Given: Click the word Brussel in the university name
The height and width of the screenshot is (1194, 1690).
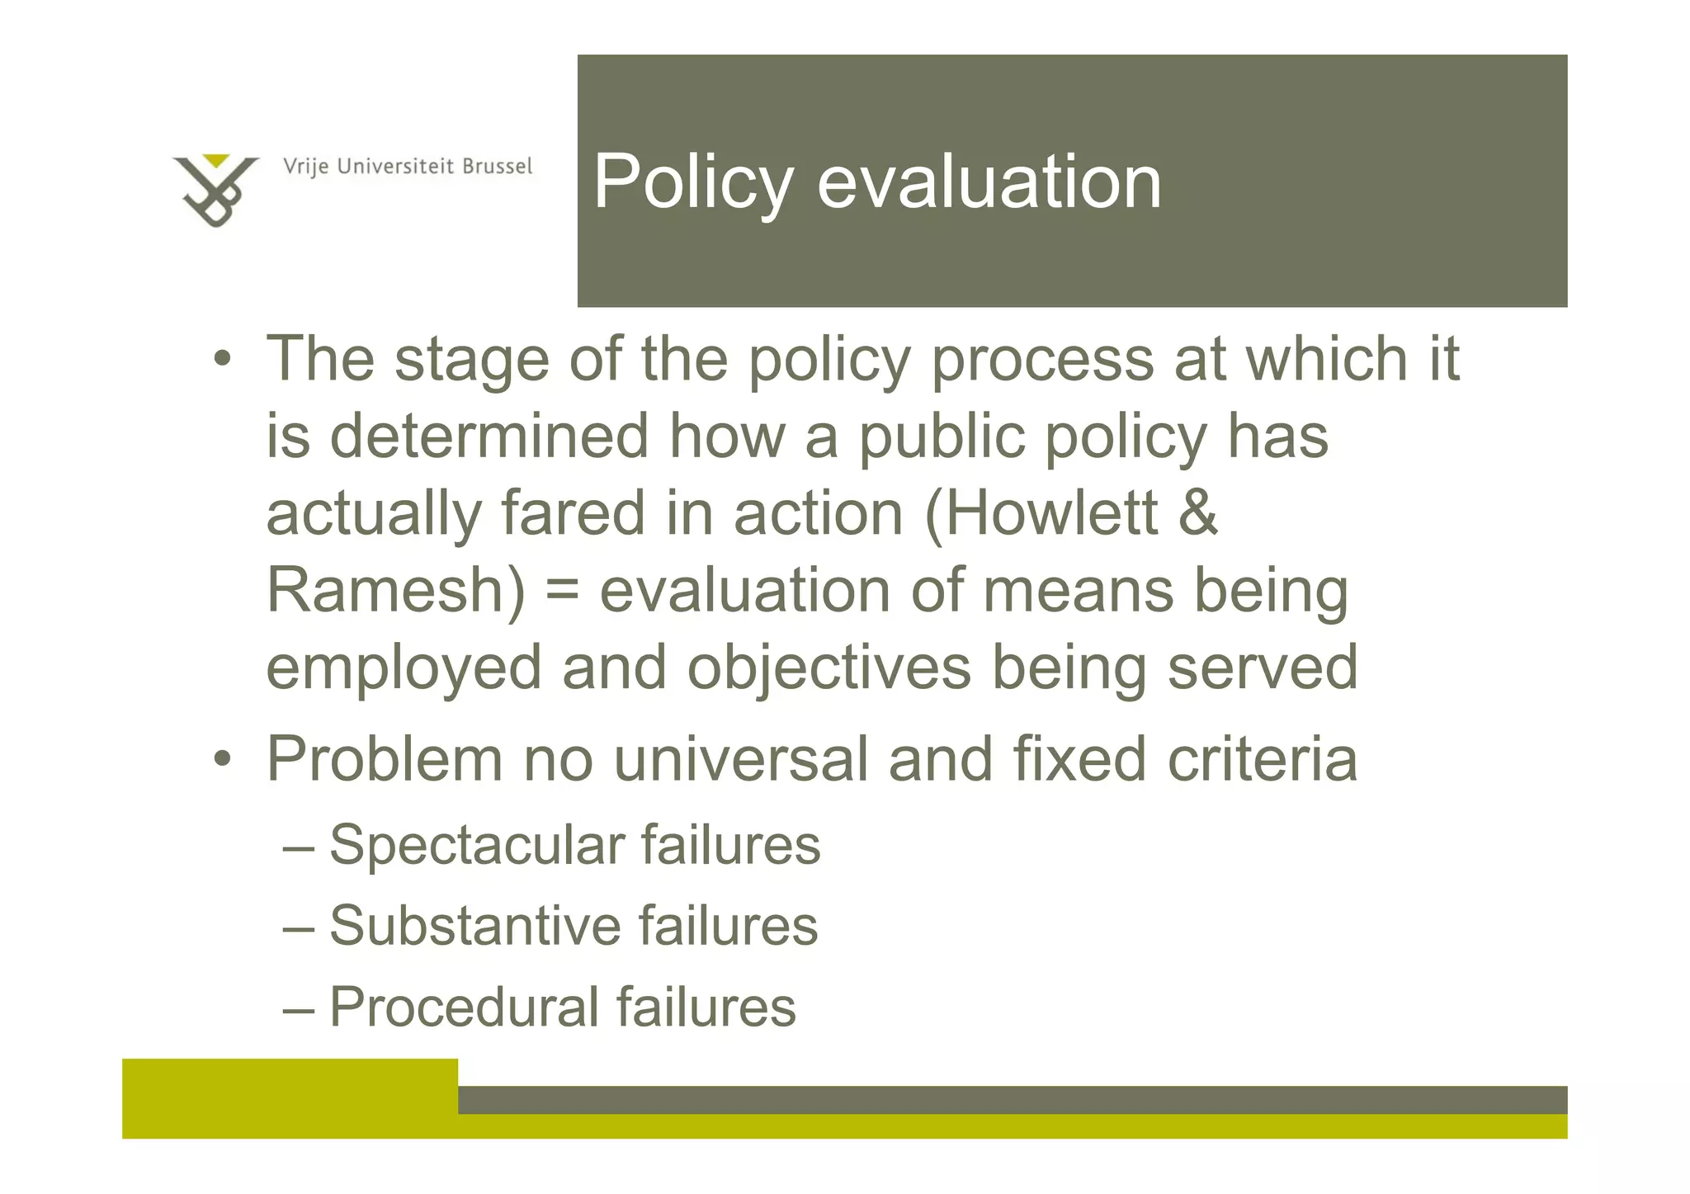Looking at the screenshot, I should tap(497, 167).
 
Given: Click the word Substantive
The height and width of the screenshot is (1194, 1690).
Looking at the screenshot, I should tap(474, 926).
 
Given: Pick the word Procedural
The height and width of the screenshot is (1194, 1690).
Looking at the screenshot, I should tap(463, 1007).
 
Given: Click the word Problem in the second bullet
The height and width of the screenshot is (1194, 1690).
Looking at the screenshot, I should tap(384, 759).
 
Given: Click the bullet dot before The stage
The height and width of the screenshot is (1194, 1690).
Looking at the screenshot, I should tap(221, 361).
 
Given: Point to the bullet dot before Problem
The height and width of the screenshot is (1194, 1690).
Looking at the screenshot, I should tap(221, 759).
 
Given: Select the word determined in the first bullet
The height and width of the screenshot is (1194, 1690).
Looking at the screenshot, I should tap(489, 436).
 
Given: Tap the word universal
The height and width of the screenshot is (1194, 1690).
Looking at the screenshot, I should tap(740, 759).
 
